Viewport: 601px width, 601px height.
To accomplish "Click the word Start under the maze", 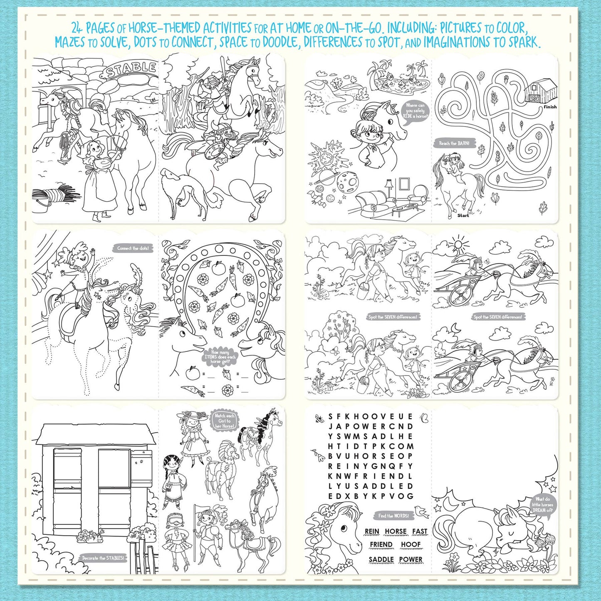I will (x=463, y=215).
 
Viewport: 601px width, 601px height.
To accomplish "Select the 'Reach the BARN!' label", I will (x=454, y=143).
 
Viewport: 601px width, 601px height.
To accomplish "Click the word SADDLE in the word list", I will (x=381, y=559).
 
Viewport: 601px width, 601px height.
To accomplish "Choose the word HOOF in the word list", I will (x=411, y=545).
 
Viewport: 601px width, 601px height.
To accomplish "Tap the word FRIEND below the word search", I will (x=381, y=545).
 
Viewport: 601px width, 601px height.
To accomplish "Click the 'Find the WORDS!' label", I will (x=393, y=516).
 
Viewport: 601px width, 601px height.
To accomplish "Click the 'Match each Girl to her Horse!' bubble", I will (x=225, y=420).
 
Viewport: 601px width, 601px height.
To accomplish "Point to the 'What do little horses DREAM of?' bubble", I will (x=542, y=505).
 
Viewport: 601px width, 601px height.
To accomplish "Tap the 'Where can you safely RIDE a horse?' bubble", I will (x=415, y=111).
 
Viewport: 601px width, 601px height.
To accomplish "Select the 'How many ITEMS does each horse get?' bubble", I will (x=220, y=357).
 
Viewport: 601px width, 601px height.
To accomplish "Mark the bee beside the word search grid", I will (x=319, y=418).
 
